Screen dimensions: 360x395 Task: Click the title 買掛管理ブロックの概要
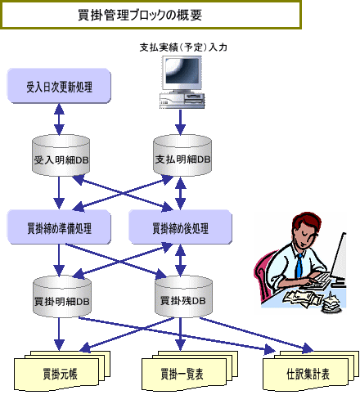pyautogui.click(x=140, y=15)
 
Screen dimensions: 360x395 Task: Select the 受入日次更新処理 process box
pyautogui.click(x=59, y=86)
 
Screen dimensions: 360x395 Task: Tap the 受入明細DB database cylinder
pyautogui.click(x=61, y=155)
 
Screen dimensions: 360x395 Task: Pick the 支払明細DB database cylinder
pyautogui.click(x=182, y=155)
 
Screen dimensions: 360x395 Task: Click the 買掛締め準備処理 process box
pyautogui.click(x=59, y=227)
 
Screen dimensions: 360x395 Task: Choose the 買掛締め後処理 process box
pyautogui.click(x=180, y=227)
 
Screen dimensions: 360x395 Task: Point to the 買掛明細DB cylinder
pyautogui.click(x=62, y=297)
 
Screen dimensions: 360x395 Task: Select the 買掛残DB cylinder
pyautogui.click(x=183, y=297)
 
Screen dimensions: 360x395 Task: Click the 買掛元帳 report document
pyautogui.click(x=62, y=370)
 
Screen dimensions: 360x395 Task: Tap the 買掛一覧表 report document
pyautogui.click(x=190, y=370)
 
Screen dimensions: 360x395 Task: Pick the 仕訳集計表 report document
pyautogui.click(x=311, y=370)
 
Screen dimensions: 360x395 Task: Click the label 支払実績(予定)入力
pyautogui.click(x=183, y=47)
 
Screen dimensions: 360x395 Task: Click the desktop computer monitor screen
pyautogui.click(x=182, y=71)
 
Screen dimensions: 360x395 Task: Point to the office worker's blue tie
pyautogui.click(x=299, y=266)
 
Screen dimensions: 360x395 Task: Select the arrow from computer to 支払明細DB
pyautogui.click(x=180, y=123)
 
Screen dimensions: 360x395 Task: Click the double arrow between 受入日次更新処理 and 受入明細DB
pyautogui.click(x=59, y=119)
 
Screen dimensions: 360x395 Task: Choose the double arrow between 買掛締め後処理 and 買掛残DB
pyautogui.click(x=180, y=260)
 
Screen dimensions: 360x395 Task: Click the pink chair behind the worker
pyautogui.click(x=261, y=276)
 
